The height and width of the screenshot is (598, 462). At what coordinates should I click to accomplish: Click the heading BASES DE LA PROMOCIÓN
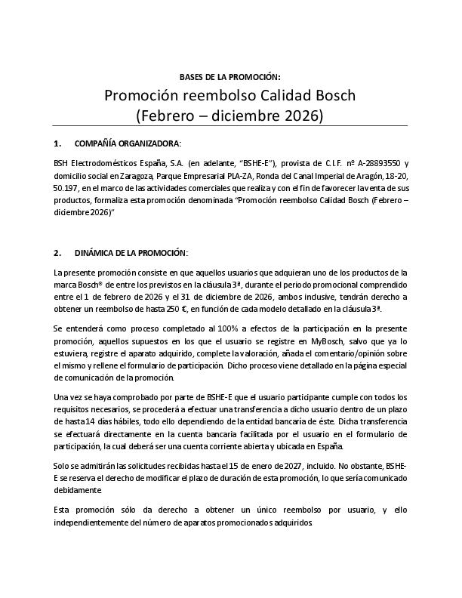[x=230, y=77]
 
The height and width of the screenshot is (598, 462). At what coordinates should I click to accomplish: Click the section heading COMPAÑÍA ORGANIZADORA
[x=127, y=143]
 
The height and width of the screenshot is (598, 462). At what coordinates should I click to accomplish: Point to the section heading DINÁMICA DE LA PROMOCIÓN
[x=131, y=252]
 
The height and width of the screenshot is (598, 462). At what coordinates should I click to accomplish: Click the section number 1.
[x=57, y=143]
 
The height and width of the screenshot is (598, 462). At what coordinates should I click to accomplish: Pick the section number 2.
[x=57, y=252]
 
